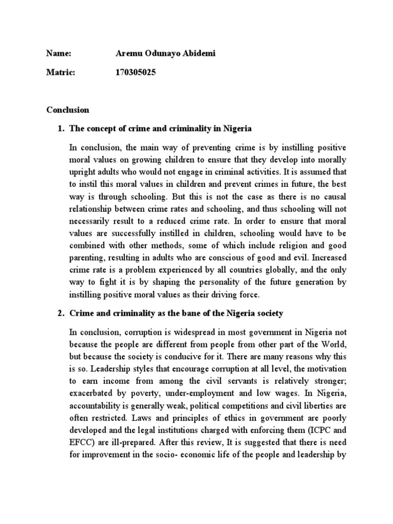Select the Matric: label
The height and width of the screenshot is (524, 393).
click(61, 73)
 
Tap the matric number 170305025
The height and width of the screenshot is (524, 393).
click(136, 73)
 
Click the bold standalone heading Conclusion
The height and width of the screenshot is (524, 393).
click(68, 110)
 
